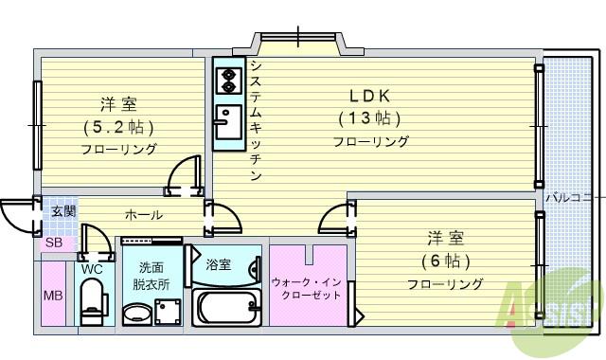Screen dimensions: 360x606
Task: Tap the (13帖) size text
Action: (x=369, y=118)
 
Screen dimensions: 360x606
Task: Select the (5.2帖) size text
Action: (x=118, y=126)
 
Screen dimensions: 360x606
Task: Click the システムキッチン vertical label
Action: (x=256, y=120)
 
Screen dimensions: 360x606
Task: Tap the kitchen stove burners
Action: (x=227, y=81)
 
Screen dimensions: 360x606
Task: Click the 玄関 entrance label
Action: (x=63, y=211)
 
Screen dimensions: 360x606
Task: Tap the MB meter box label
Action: (x=53, y=295)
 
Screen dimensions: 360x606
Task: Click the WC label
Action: (x=92, y=268)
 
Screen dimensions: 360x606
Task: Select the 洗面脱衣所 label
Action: (x=151, y=275)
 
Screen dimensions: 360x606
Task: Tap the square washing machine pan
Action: (x=169, y=311)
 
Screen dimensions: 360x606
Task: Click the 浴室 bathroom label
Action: (x=218, y=264)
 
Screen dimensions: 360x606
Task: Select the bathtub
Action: (x=227, y=306)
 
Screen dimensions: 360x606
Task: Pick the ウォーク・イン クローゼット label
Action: (x=307, y=288)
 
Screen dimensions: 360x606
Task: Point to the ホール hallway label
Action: (x=143, y=215)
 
